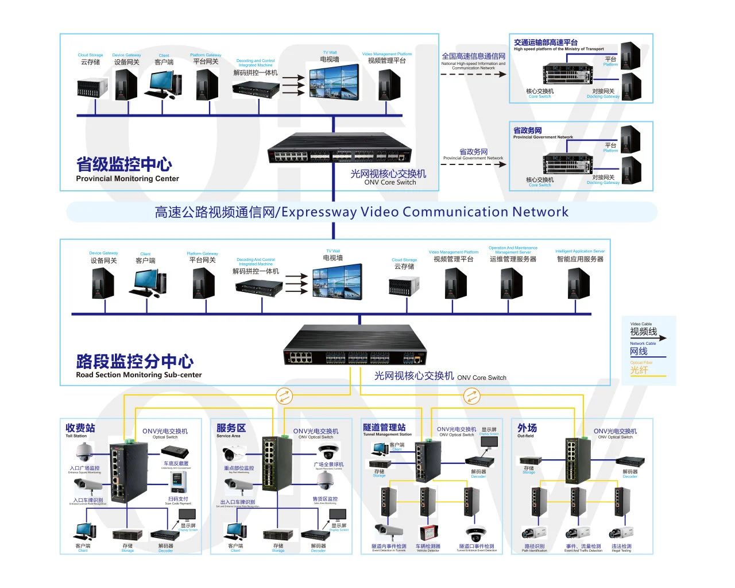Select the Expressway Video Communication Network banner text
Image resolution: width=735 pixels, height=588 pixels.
coord(361,212)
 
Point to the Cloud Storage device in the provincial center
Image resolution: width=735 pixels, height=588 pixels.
coord(92,87)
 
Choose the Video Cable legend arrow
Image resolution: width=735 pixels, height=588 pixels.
coord(648,339)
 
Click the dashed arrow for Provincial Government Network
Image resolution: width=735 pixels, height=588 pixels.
coord(473,164)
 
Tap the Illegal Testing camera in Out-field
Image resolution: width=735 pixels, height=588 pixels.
coord(621,533)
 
